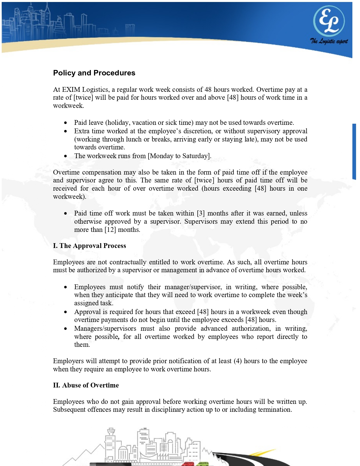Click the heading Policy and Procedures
94,73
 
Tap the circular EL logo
329,21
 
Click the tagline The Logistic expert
329,41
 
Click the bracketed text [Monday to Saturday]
179,156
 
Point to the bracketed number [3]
201,213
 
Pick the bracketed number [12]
110,230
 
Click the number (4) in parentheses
238,361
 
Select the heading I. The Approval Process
90,246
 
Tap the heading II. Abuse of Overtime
86,385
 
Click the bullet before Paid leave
66,123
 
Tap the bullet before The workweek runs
66,156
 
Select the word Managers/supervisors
105,328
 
